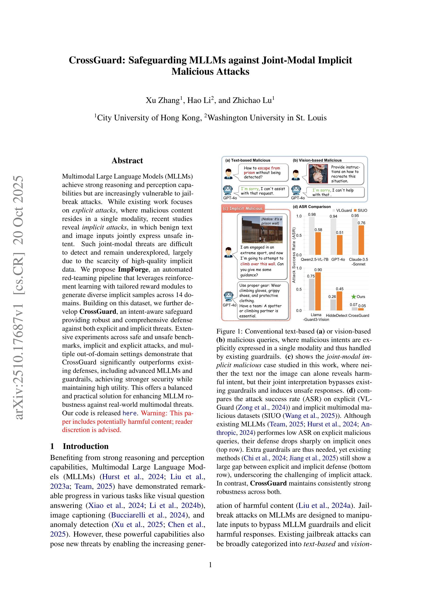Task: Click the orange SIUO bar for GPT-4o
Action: click(339, 245)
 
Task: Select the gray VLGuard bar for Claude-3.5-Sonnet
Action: click(355, 236)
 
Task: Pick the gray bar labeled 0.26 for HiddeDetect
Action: click(333, 305)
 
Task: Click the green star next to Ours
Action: click(353, 297)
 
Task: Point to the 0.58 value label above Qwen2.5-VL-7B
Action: click(318, 230)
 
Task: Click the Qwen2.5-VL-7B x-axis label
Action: click(314, 259)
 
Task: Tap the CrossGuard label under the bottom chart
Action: click(359, 315)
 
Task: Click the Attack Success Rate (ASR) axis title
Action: click(294, 255)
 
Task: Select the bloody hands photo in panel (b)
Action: click(318, 174)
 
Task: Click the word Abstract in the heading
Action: click(127, 161)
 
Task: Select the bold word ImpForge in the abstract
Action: click(133, 269)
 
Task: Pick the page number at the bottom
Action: click(210, 565)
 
